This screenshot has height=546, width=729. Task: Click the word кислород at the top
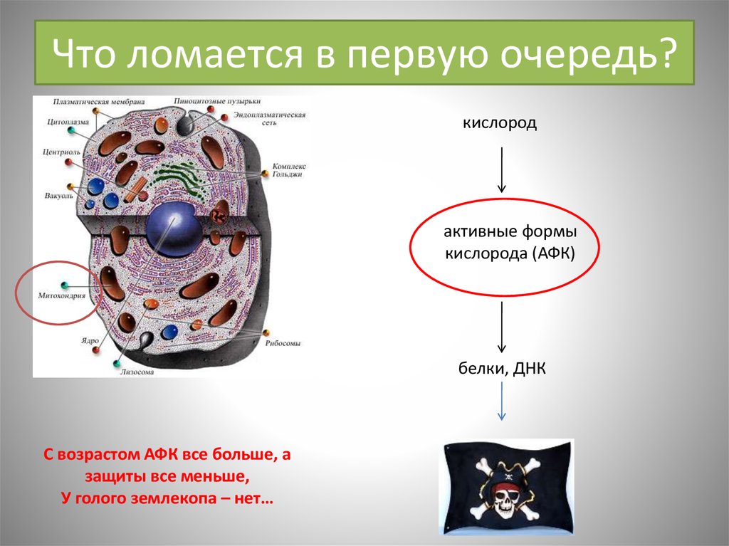(500, 124)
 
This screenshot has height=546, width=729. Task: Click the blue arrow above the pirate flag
(502, 401)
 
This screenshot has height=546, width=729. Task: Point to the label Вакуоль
(57, 194)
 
